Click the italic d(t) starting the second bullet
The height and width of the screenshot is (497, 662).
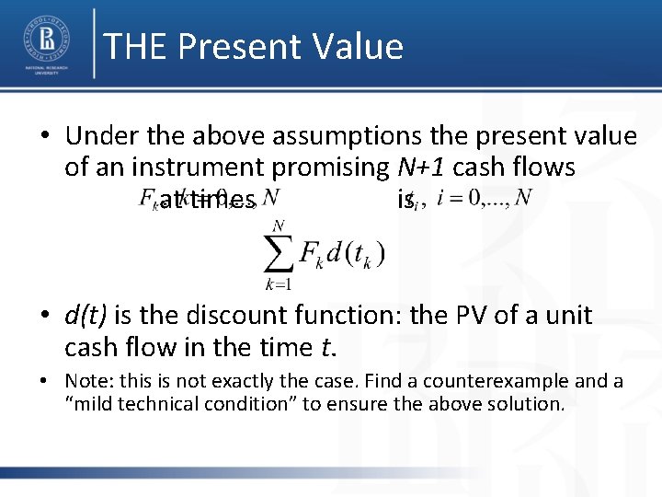86,317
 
